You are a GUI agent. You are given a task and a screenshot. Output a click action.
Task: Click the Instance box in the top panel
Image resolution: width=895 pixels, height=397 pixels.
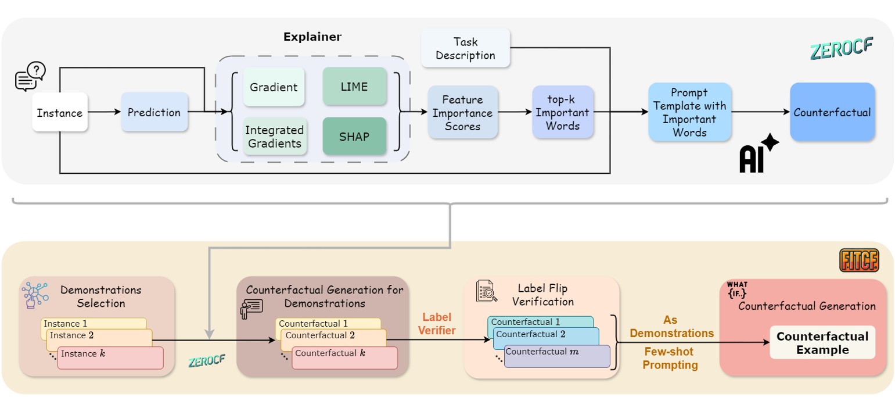pos(60,112)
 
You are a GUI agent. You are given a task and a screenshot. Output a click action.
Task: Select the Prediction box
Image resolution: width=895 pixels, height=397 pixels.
pos(154,112)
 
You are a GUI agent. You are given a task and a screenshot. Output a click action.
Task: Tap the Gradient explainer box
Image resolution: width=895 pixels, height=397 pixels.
pos(273,87)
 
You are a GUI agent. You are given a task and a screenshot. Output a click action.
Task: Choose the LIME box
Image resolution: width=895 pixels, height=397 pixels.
pos(354,87)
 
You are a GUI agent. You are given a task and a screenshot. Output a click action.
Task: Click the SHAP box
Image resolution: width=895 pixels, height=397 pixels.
pos(354,136)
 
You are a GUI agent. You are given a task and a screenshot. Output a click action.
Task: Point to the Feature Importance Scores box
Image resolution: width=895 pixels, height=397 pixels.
pos(463,112)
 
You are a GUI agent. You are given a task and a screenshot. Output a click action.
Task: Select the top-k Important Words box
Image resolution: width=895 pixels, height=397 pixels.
pos(562,112)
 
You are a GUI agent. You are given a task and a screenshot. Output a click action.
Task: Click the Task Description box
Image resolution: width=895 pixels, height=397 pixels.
pos(465,48)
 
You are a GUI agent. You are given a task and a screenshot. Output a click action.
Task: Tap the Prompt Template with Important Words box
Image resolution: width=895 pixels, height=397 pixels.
pos(689,112)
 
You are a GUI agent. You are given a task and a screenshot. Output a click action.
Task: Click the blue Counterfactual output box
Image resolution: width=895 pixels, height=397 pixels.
pos(832,112)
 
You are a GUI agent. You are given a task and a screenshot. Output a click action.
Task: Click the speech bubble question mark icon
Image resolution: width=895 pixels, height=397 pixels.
pos(30,77)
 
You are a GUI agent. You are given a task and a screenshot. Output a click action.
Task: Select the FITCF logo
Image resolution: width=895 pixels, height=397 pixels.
pos(858,260)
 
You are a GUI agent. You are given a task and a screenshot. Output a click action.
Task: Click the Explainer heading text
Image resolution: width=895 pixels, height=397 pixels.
pos(312,37)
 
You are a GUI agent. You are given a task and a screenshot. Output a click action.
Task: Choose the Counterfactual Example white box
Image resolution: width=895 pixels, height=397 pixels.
pos(822,343)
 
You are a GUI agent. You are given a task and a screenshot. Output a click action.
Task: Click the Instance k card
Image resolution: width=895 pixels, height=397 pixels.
pos(110,357)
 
